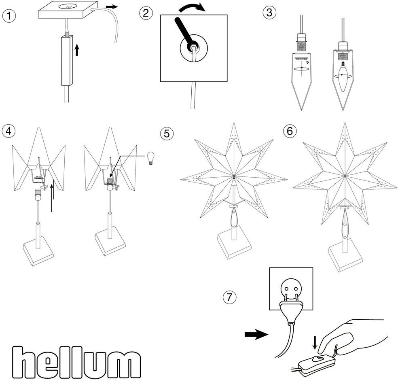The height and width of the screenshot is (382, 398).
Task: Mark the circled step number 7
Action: point(229,297)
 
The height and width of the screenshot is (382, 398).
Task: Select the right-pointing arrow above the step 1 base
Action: point(112,7)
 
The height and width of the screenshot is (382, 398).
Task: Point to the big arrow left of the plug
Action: point(256,334)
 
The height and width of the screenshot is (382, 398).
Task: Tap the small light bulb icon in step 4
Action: point(151,157)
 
